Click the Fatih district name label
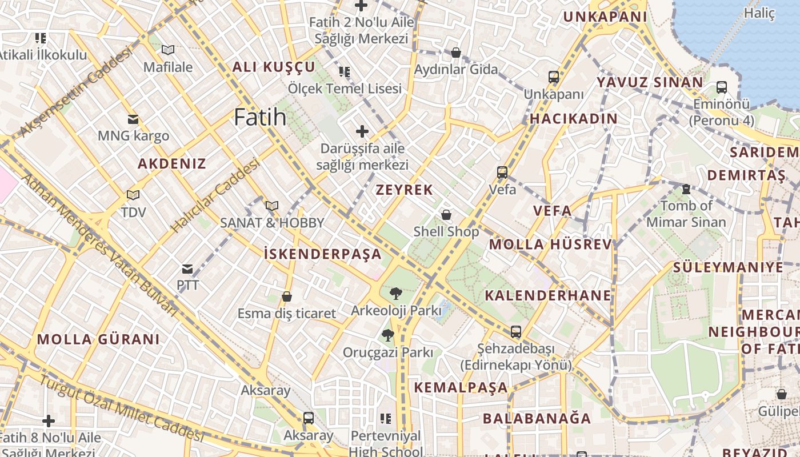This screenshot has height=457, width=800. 260,117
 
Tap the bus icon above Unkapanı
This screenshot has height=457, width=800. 553,77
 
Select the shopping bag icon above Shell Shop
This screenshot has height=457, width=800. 446,215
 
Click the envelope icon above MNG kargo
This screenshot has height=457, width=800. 133,119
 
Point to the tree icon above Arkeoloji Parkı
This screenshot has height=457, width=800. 395,294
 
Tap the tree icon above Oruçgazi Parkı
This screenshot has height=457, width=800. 388,335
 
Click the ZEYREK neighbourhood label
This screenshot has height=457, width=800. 404,190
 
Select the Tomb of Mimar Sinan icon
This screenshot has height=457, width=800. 686,189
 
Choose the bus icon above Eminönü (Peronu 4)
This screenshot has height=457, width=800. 722,87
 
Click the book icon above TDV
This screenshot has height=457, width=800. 133,195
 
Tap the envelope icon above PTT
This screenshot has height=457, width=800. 187,268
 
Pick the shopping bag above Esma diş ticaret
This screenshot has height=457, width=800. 287,297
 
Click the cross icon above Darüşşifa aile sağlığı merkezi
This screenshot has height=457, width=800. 362,132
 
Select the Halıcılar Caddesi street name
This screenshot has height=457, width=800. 215,196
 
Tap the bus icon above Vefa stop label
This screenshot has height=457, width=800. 502,172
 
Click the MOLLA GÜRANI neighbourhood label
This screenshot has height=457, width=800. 98,339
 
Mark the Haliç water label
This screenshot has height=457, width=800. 759,13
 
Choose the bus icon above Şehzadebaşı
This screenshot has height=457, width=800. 515,332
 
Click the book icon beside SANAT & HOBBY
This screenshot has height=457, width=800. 272,206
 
